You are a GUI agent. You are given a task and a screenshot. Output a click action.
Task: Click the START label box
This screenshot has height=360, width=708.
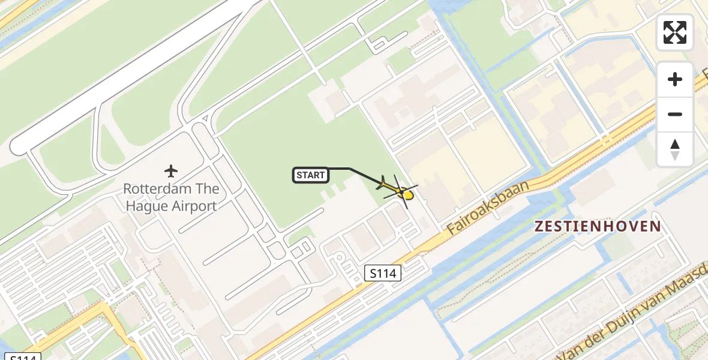coord(311,175)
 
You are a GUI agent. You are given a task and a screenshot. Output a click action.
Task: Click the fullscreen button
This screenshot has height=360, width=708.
coord(675,32)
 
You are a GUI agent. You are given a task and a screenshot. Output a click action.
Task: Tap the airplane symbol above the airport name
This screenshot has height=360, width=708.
coord(171,172)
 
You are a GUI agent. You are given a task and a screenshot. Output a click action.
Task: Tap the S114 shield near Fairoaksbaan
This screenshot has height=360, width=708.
coord(383,274)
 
